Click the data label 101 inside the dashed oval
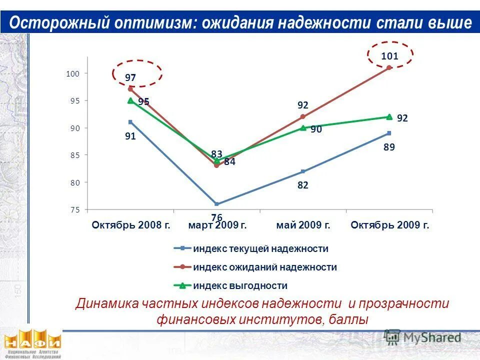(389, 56)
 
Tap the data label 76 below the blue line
(216, 217)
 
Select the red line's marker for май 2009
(303, 116)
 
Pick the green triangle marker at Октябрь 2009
(389, 117)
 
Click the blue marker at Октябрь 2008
(130, 122)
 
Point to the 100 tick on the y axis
(73, 73)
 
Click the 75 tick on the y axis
(75, 210)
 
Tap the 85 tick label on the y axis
(75, 155)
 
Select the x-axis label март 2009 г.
(217, 225)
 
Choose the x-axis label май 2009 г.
(303, 225)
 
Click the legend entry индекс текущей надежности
(260, 248)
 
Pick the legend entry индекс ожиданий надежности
(264, 267)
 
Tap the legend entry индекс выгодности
(240, 286)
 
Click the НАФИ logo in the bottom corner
(32, 342)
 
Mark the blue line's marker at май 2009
(303, 171)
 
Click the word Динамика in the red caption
(106, 303)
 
